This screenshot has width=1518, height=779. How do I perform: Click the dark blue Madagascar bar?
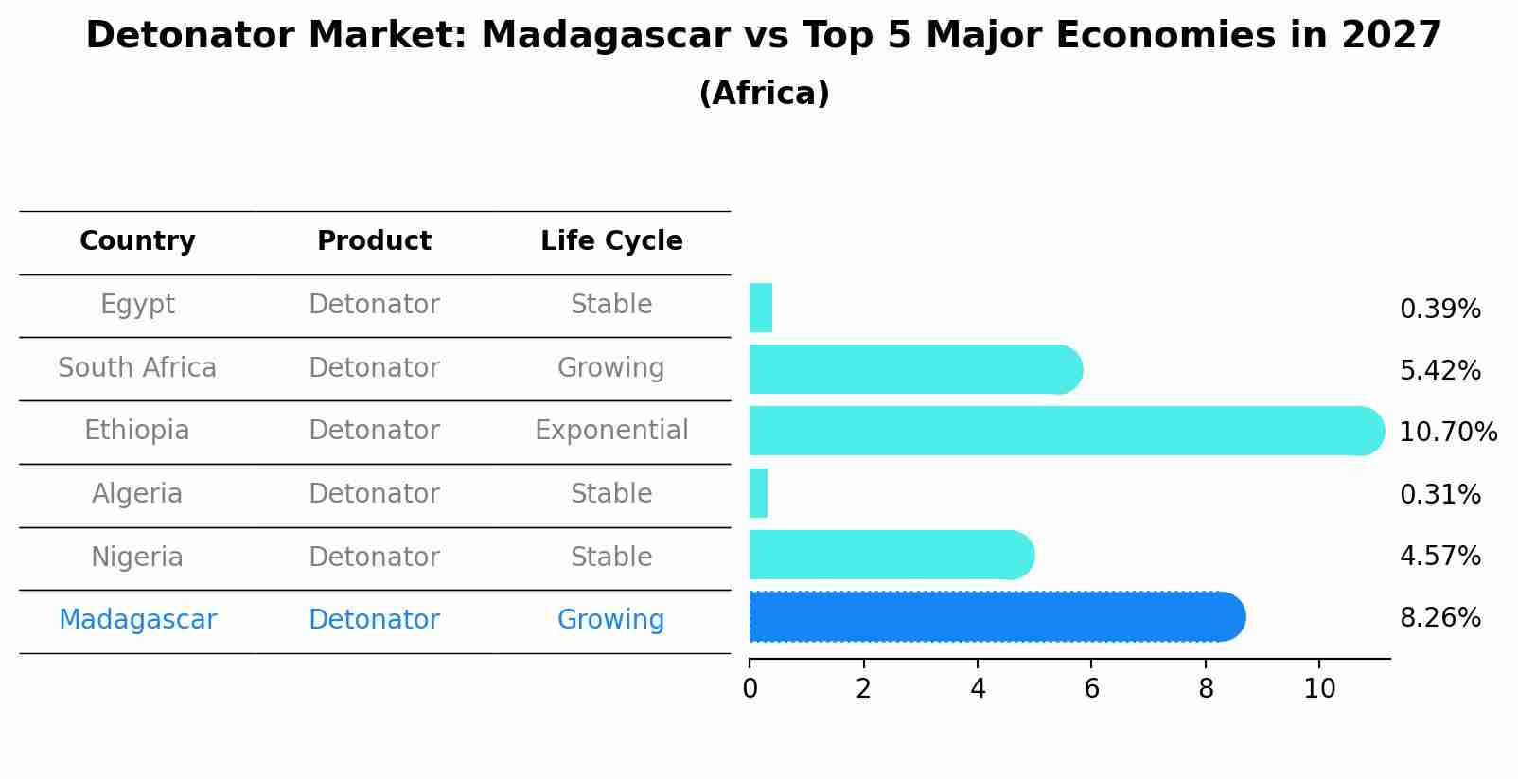(x=997, y=616)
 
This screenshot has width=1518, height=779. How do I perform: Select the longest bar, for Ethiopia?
(x=1067, y=431)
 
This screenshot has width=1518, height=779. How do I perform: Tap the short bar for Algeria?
(x=758, y=493)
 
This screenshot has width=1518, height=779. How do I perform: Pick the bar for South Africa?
(x=915, y=369)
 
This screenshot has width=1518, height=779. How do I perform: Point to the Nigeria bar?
(x=891, y=555)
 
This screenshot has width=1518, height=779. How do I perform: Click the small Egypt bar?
(x=760, y=308)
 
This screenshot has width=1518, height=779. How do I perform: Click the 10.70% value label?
(x=1448, y=432)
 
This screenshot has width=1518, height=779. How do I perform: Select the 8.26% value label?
(x=1440, y=618)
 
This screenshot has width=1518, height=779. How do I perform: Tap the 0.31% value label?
(x=1440, y=494)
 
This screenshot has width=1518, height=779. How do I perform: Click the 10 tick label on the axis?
(x=1319, y=688)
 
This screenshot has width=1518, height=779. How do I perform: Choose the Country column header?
(x=137, y=240)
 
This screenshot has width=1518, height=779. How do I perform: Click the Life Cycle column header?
(x=611, y=240)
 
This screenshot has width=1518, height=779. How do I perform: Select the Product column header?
(x=374, y=240)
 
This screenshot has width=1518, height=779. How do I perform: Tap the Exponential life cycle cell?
(x=611, y=431)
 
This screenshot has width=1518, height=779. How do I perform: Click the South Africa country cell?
(x=137, y=367)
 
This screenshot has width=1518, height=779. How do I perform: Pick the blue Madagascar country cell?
(x=137, y=620)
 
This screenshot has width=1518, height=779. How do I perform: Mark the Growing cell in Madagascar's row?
(x=611, y=620)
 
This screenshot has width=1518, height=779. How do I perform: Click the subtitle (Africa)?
(x=764, y=93)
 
